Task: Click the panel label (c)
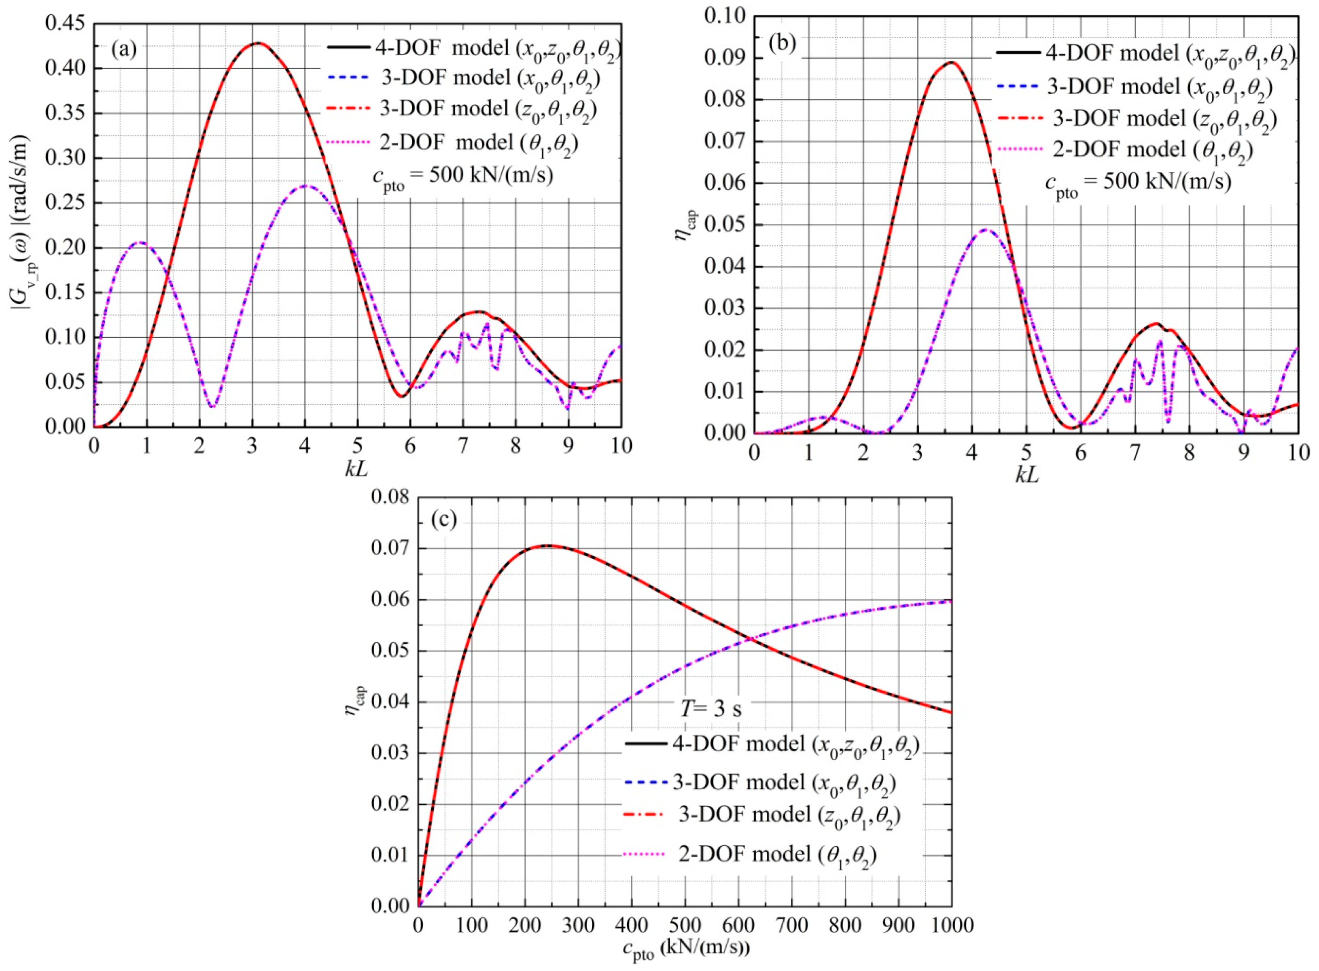click(x=444, y=519)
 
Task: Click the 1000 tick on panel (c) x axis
click(x=951, y=924)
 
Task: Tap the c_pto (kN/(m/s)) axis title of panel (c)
click(x=684, y=949)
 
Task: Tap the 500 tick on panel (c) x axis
click(x=685, y=924)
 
